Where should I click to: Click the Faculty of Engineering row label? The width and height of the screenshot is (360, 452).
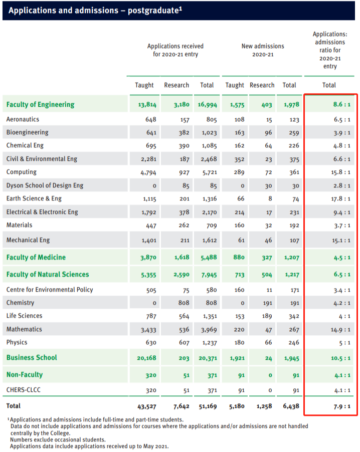coord(40,105)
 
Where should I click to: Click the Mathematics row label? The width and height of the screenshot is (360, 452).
coord(24,329)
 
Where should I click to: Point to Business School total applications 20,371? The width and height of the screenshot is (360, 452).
coord(206,358)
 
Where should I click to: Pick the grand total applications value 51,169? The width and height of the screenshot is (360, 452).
coord(206,405)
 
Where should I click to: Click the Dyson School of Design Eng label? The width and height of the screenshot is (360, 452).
coord(45,185)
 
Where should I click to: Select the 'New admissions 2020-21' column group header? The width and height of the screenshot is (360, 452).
coord(262,50)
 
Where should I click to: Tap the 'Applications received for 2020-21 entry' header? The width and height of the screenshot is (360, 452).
coord(175,50)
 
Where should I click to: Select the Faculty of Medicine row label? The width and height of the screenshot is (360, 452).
coord(36,258)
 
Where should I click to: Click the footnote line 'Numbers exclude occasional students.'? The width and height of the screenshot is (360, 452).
coord(58,440)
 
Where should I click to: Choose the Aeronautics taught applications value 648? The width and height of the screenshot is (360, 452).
coord(149,120)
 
